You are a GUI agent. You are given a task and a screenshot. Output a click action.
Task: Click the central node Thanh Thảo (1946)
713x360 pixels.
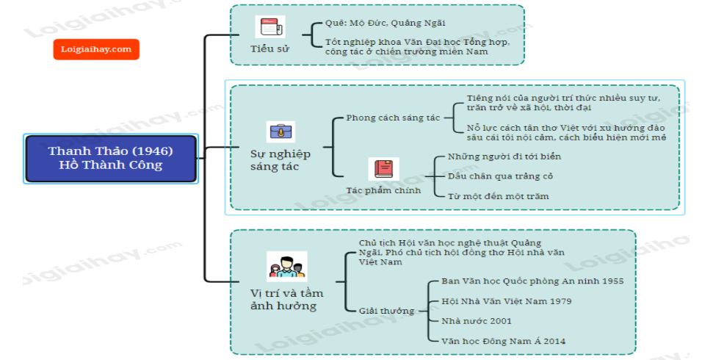(110, 158)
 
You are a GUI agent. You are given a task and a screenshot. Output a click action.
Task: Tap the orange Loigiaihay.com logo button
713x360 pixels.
(96, 49)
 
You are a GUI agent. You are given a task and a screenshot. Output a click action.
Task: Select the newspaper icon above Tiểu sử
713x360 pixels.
(270, 27)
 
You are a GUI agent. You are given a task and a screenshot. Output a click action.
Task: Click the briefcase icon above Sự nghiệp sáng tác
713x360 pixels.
(281, 132)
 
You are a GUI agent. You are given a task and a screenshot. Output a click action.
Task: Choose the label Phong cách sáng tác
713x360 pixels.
(393, 118)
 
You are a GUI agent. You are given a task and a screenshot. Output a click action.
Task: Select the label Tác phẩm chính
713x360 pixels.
(383, 190)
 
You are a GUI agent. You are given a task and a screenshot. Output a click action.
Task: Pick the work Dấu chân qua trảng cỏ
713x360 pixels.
(500, 176)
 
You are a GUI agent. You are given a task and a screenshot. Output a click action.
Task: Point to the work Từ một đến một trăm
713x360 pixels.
(498, 196)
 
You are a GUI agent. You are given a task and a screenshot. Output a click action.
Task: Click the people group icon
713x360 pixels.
(286, 266)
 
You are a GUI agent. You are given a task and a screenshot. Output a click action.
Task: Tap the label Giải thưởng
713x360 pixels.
(387, 311)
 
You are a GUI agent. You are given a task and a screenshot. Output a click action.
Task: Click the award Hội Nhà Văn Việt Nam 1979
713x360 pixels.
(507, 301)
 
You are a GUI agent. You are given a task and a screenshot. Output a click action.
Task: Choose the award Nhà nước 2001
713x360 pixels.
(477, 321)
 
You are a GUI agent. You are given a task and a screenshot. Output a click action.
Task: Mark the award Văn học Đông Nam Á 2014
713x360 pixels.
(504, 341)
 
